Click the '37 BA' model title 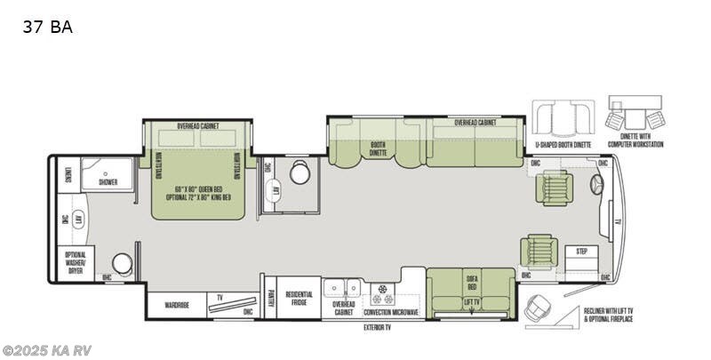(49, 27)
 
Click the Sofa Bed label (471, 282)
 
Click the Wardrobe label (177, 305)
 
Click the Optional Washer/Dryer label (75, 262)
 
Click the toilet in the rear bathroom (123, 263)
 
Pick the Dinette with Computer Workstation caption (640, 140)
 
